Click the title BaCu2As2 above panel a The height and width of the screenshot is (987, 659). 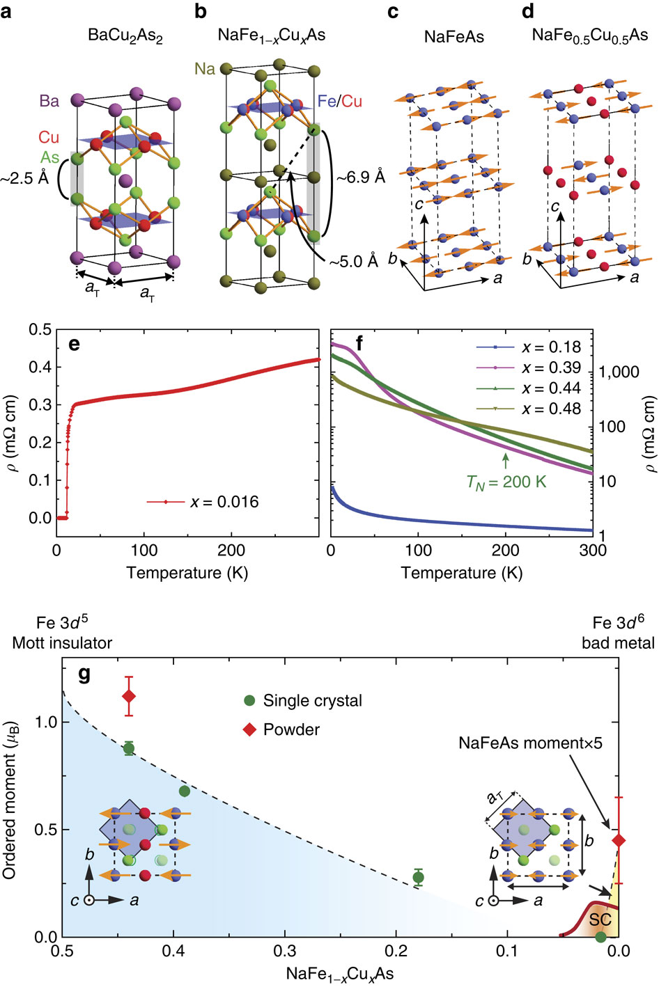(x=125, y=35)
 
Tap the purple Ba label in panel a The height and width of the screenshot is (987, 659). (x=49, y=101)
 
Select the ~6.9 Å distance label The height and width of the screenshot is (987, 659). (x=360, y=177)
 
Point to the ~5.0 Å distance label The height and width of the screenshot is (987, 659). (x=353, y=262)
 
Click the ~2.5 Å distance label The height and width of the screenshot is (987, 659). (x=24, y=178)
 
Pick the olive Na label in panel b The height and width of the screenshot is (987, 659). (x=204, y=68)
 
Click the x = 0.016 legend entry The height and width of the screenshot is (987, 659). (x=224, y=501)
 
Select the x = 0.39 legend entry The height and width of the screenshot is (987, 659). (x=550, y=368)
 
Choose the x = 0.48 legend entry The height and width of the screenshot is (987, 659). (x=550, y=409)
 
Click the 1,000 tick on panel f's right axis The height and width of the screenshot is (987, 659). (x=619, y=372)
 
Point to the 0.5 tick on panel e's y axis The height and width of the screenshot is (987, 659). (x=40, y=329)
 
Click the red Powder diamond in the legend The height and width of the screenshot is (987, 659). (x=249, y=729)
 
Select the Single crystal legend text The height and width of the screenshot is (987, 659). (x=312, y=701)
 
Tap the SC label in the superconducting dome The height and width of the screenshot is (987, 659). (x=599, y=919)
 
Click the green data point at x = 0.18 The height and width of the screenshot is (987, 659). (x=418, y=877)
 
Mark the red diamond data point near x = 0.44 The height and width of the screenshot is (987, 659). (x=129, y=696)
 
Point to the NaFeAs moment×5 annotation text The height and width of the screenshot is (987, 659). (x=530, y=743)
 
